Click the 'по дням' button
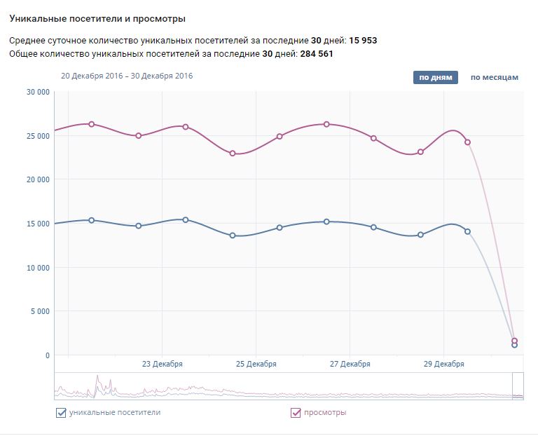(x=435, y=77)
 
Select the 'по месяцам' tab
(x=494, y=77)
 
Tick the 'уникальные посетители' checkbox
(x=61, y=413)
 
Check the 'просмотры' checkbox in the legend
(x=296, y=413)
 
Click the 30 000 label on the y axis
(x=38, y=91)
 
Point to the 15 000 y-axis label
(x=38, y=224)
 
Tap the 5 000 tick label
(x=41, y=311)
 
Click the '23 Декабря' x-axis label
(x=162, y=364)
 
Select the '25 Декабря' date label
(x=256, y=364)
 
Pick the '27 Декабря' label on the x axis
(x=350, y=364)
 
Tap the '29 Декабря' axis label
(x=443, y=364)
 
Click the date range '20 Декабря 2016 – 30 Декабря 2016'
(x=127, y=76)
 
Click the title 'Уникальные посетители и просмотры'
(x=97, y=18)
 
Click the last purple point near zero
(x=514, y=341)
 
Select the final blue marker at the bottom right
(x=514, y=346)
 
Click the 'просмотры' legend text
(x=325, y=412)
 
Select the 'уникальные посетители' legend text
(x=115, y=412)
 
